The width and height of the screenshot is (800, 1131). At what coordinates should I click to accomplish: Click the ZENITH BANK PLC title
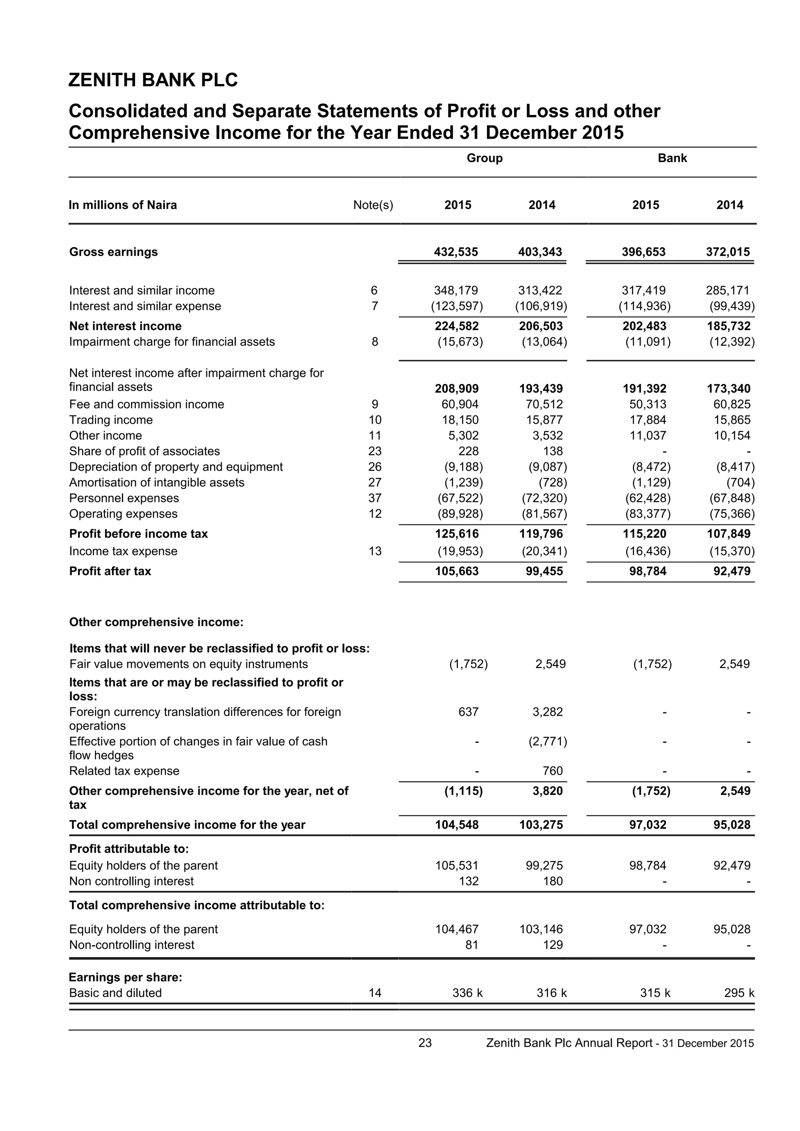pos(153,80)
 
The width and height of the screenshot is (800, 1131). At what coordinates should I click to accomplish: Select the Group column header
pos(484,158)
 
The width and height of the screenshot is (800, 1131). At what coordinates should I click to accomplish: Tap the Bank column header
pos(672,158)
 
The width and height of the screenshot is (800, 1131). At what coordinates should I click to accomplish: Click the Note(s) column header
pos(373,205)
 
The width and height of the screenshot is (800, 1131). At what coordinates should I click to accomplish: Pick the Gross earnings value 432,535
pos(456,252)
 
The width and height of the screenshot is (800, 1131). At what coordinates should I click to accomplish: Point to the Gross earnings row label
pos(113,252)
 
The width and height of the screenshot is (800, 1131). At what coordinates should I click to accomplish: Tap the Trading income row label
pos(111,420)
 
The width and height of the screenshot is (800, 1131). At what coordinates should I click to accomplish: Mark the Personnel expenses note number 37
pos(375,498)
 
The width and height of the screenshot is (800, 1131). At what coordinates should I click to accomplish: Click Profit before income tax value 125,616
pos(457,533)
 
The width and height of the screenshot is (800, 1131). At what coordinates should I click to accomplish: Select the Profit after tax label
pos(110,571)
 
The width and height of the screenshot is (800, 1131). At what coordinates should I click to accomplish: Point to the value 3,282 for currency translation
pos(547,712)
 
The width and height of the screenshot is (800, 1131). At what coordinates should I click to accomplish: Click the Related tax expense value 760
pos(553,771)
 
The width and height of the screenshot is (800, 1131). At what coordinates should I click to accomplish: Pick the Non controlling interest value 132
pos(468,881)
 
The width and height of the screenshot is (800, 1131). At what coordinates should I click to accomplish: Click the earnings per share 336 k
pos(467,993)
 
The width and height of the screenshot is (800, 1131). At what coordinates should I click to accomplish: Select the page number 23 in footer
pos(425,1043)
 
